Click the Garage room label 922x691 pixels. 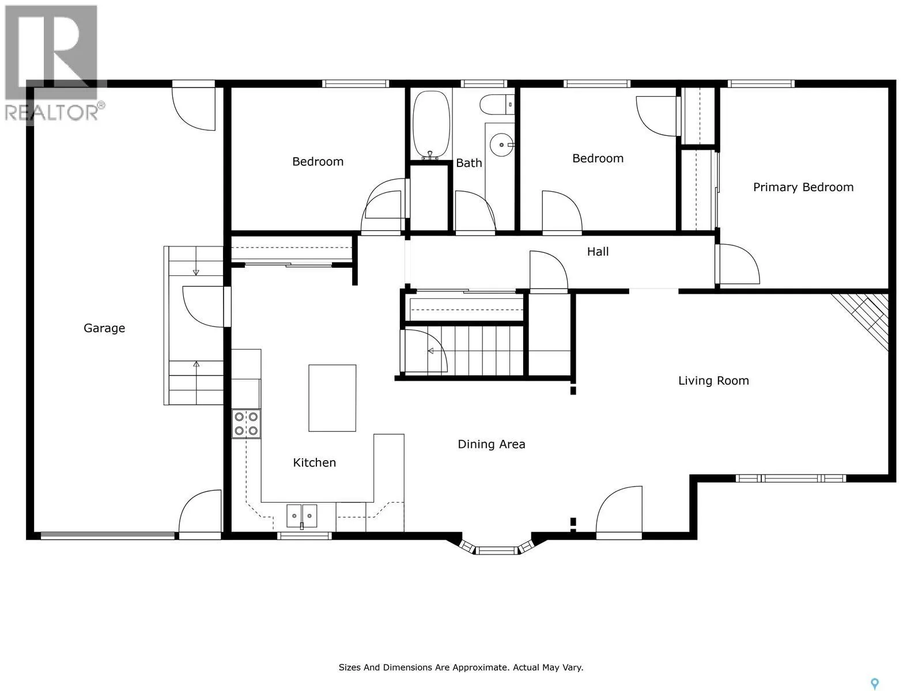104,328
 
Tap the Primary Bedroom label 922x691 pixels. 803,187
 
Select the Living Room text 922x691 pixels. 713,381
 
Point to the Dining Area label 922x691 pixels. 492,445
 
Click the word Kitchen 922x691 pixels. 314,463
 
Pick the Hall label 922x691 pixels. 598,252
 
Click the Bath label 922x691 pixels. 468,163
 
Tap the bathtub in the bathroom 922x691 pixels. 432,124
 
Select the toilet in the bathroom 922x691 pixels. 497,104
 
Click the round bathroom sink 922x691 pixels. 501,145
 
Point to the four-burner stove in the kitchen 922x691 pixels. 246,424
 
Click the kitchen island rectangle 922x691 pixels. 332,398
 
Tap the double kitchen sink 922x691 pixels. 301,516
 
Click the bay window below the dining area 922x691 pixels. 497,547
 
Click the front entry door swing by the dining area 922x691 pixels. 619,512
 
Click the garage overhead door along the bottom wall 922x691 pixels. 108,536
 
